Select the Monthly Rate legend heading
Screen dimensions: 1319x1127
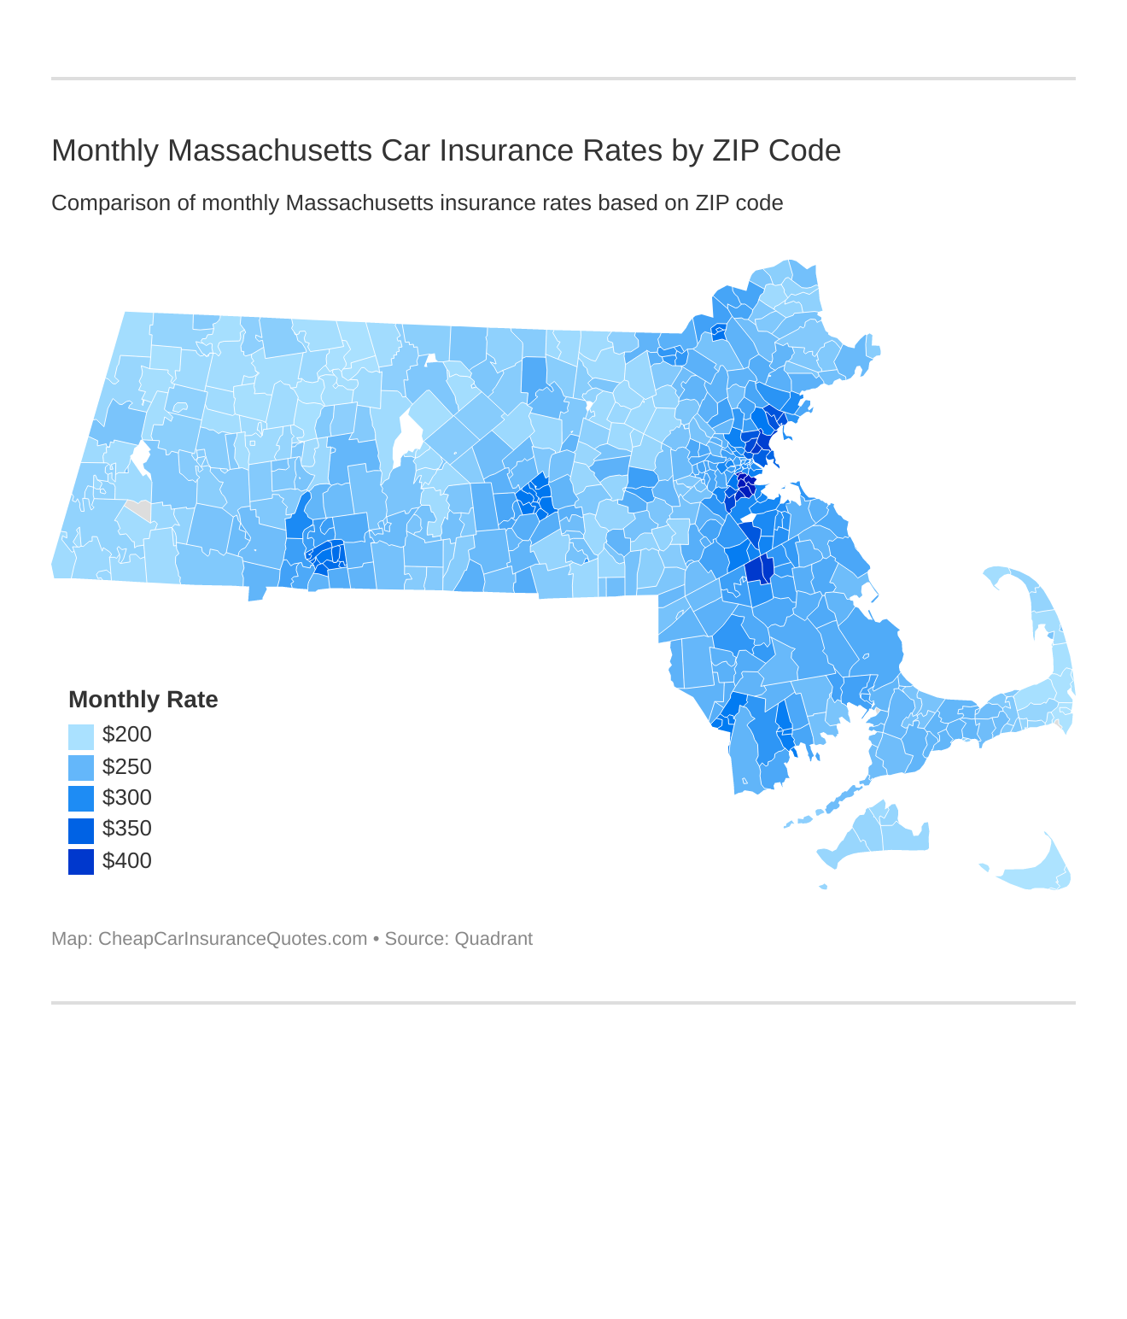(x=143, y=700)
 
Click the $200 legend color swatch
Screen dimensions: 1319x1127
(x=80, y=736)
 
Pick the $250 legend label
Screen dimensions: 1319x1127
(x=126, y=766)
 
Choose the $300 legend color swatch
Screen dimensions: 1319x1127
(x=80, y=798)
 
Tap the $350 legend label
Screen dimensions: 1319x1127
(x=126, y=829)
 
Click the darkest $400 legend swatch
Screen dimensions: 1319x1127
(x=80, y=861)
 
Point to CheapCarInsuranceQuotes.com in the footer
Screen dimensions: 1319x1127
(x=232, y=939)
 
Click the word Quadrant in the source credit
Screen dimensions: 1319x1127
(x=493, y=939)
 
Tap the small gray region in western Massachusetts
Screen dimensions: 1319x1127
(x=139, y=510)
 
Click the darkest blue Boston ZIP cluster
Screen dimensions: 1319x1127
(x=745, y=485)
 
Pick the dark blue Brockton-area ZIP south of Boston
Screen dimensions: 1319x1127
(x=759, y=569)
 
